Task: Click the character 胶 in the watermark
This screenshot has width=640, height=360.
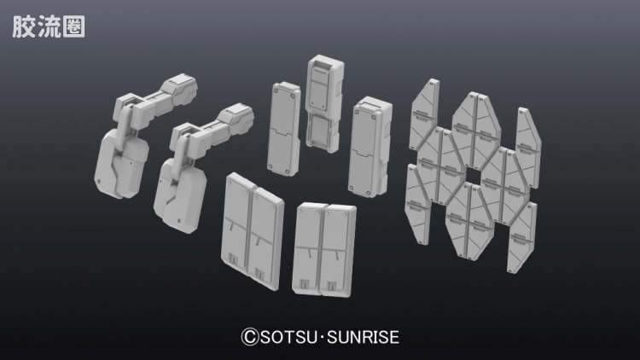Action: coord(23,27)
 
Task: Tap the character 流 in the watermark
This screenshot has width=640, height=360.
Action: coord(48,27)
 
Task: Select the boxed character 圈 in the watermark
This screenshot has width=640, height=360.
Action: coord(73,27)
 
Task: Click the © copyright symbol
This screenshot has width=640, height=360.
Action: coord(250,337)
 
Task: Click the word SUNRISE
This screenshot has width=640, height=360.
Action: coord(364,337)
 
